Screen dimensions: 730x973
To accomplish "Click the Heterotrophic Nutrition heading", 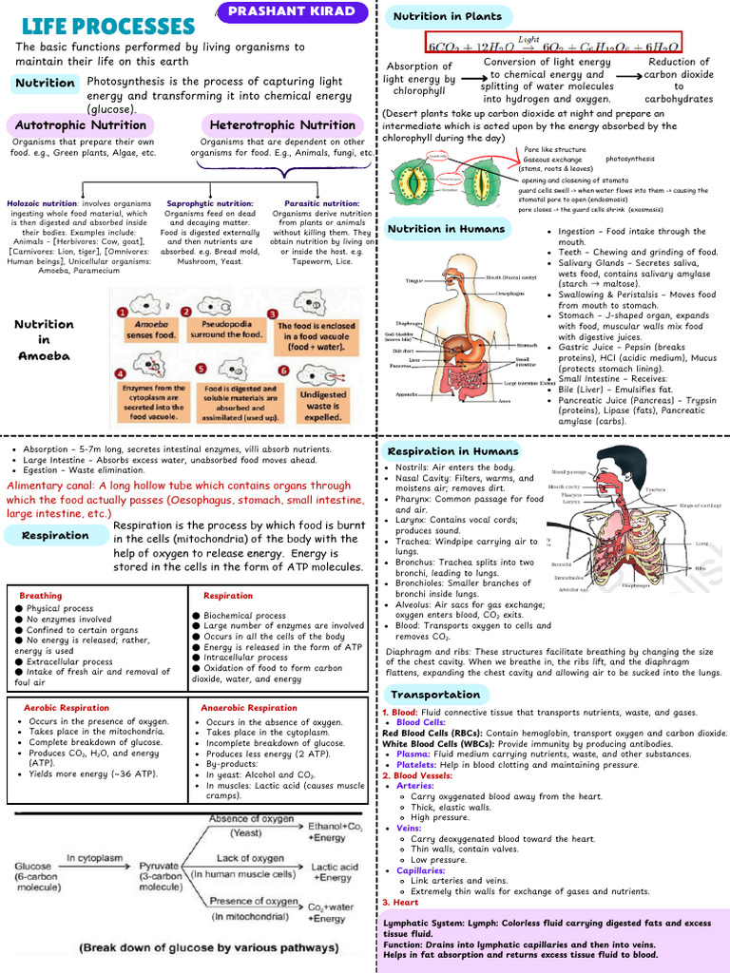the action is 282,124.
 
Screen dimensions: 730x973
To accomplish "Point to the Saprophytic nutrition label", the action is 209,203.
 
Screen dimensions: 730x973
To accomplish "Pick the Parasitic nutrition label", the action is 321,203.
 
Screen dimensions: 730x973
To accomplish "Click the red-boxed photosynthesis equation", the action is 553,43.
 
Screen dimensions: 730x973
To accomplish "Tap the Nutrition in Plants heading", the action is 448,15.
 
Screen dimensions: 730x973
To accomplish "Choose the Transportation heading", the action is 435,695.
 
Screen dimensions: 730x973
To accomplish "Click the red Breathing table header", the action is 40,596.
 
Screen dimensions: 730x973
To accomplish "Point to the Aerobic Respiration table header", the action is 66,708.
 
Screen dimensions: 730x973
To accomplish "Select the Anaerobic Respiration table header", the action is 249,708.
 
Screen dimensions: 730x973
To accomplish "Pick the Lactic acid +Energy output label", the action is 334,872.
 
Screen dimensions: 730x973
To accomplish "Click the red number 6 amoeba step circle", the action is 283,371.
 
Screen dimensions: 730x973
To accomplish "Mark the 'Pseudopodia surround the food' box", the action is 226,329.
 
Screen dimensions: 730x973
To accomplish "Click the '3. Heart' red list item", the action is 399,903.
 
